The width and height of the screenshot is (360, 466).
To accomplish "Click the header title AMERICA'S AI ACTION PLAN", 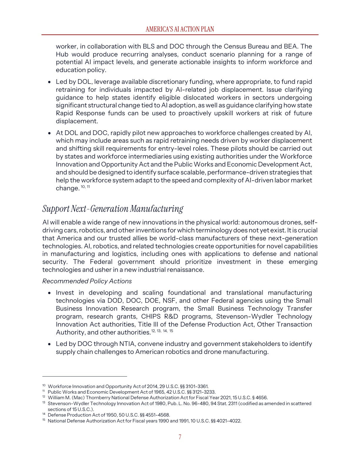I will [x=180, y=29].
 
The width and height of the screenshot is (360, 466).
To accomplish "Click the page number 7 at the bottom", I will [x=180, y=437].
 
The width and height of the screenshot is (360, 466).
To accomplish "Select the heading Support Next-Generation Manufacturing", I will [x=113, y=209].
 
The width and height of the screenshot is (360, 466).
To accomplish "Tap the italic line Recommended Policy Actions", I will [x=87, y=281].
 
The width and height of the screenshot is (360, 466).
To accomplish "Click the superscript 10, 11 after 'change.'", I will [x=85, y=187].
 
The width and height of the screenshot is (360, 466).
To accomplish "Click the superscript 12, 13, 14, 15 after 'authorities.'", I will [x=162, y=331].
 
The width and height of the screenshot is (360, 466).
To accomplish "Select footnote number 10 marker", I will [x=44, y=385].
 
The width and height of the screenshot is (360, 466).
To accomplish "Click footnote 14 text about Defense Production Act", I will [x=109, y=415].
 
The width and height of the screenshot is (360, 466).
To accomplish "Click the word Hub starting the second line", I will [x=62, y=54].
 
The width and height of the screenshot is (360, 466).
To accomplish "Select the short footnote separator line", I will [x=85, y=376].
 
